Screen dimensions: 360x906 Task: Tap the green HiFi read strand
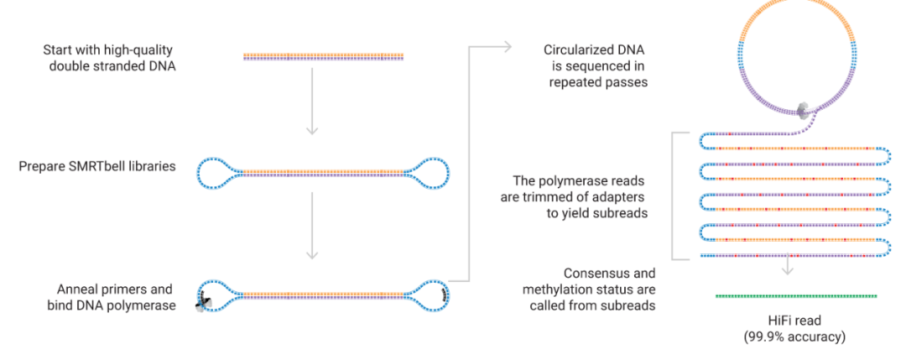[x=796, y=296]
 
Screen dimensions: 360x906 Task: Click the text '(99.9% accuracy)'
[x=794, y=337]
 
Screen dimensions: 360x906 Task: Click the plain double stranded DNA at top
[x=324, y=57]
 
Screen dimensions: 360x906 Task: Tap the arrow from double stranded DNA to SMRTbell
[x=312, y=101]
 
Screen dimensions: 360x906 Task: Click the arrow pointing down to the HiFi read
[x=787, y=268]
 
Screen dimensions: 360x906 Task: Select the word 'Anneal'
[x=70, y=289]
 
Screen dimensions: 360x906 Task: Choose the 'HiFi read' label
[x=794, y=321]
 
